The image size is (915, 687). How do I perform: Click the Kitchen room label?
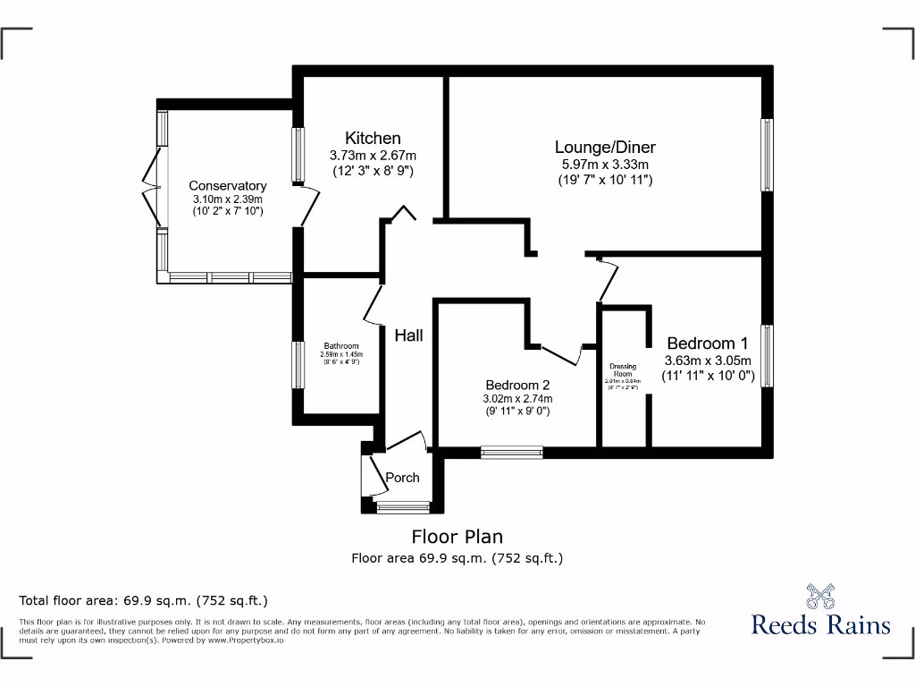373,138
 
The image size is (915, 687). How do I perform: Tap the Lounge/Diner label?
605,148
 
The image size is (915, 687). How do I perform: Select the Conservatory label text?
227,186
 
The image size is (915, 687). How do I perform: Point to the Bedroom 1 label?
708,343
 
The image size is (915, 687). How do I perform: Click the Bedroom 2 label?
517,385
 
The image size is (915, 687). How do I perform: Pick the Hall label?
409,335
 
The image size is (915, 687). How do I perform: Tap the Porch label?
402,478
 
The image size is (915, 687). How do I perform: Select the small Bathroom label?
341,346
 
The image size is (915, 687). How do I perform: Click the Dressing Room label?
623,369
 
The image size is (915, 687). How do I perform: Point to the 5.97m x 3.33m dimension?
605,165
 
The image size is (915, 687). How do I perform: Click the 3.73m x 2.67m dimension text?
373,155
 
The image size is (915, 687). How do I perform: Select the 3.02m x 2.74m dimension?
517,399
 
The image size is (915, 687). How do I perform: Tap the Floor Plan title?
457,537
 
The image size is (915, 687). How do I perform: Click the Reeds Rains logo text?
820,623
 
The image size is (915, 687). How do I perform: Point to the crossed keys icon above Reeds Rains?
820,595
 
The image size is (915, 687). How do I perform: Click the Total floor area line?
144,600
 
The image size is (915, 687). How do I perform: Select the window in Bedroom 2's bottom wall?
511,453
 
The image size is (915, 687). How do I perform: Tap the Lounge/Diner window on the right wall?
766,155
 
